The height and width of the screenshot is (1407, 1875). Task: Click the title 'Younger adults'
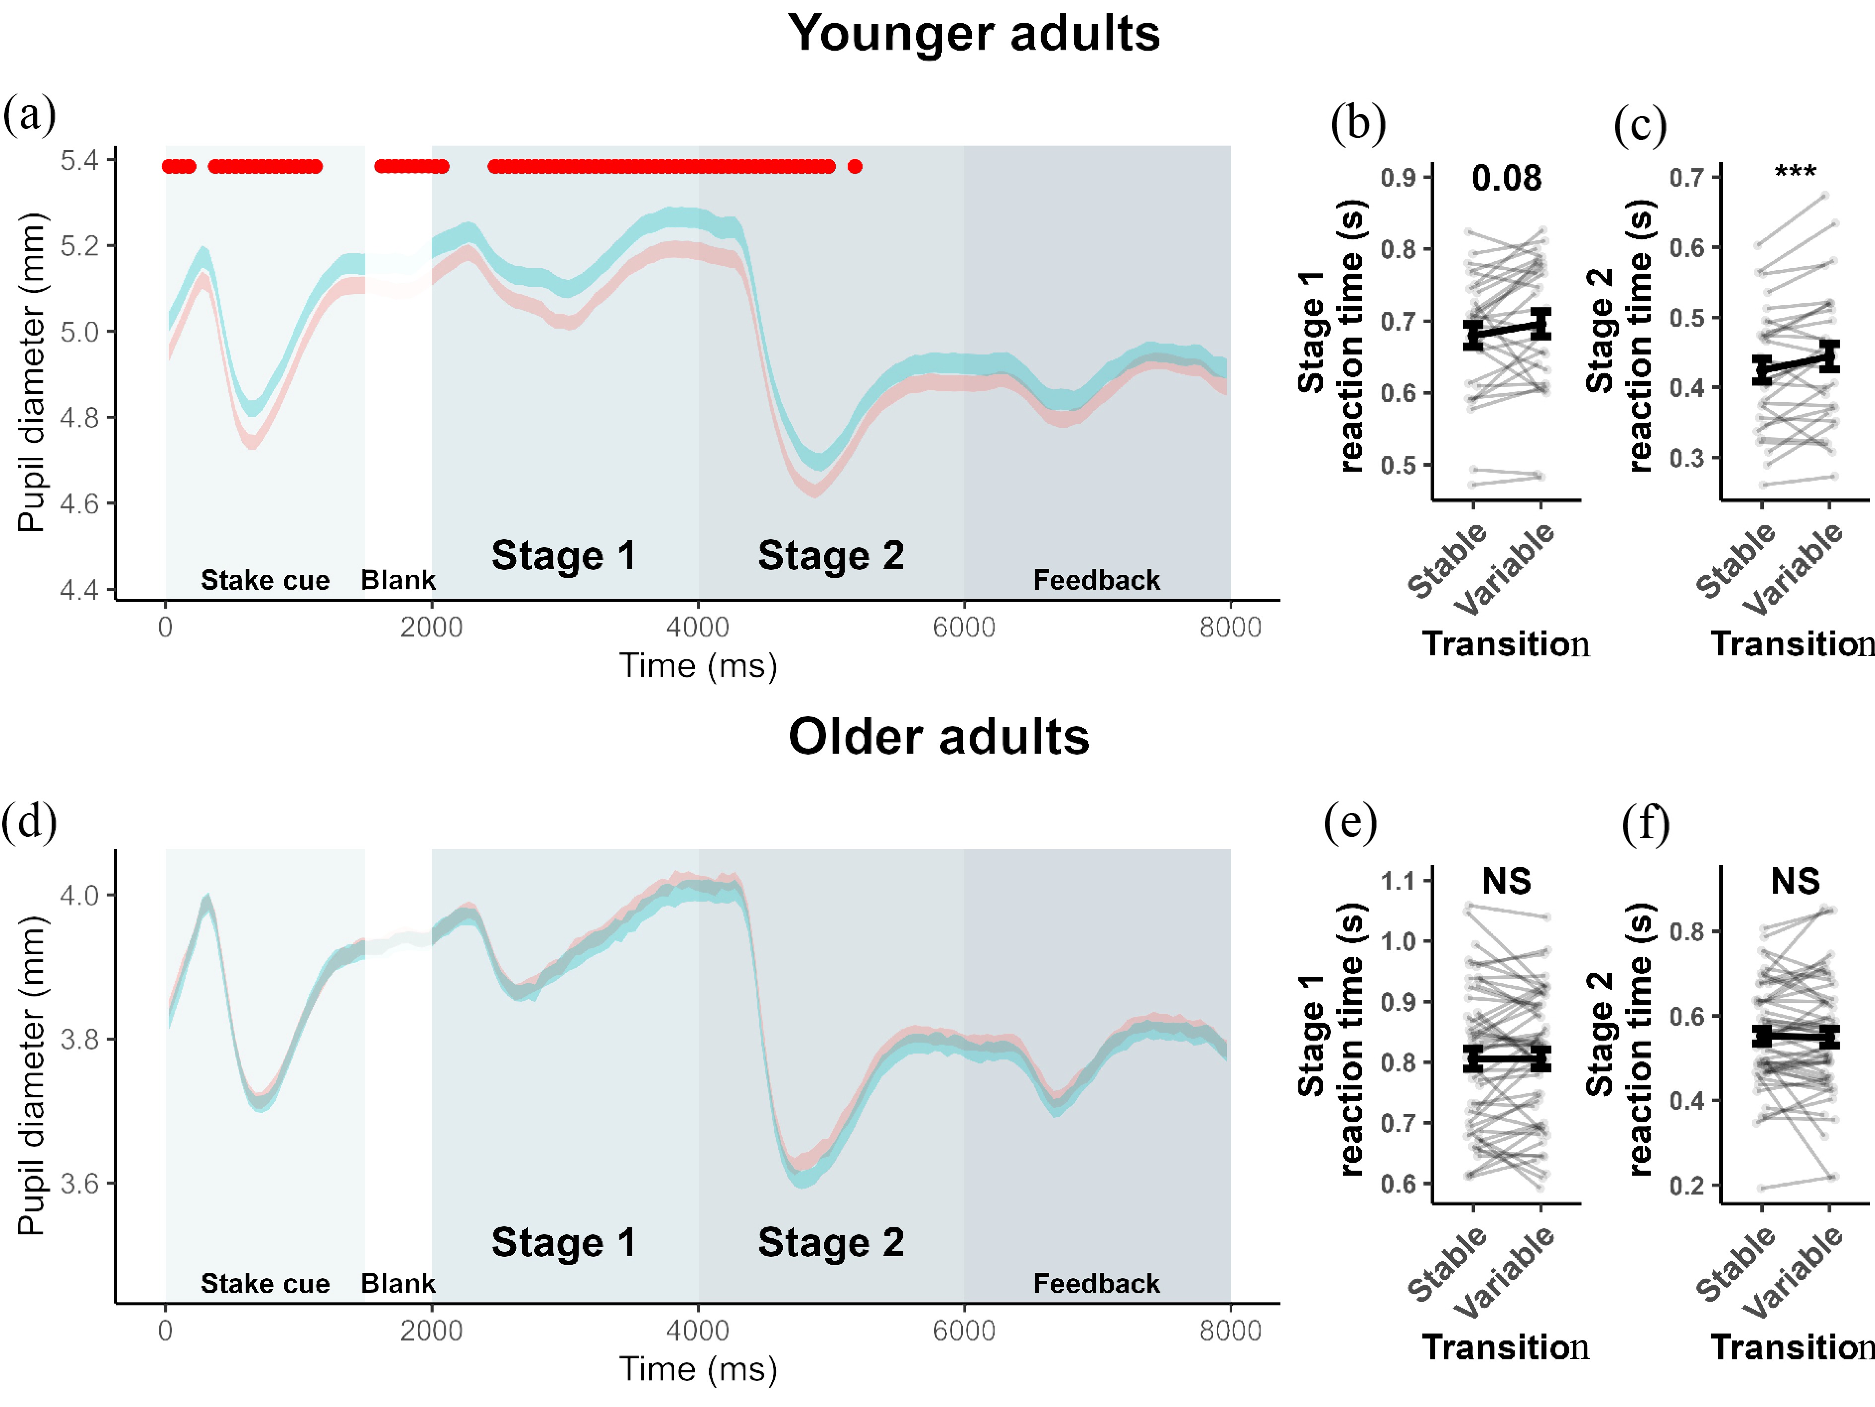click(973, 34)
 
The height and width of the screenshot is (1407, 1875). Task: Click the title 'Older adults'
click(938, 736)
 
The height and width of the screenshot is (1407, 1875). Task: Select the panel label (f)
click(1645, 823)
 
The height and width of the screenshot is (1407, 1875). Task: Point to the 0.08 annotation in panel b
click(1506, 178)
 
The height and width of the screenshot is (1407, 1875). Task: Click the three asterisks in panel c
click(1795, 173)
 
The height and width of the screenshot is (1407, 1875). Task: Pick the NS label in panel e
click(1506, 881)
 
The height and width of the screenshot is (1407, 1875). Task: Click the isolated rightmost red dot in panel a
click(855, 166)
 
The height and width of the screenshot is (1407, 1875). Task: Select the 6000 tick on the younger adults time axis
click(964, 628)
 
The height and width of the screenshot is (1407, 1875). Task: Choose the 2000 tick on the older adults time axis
click(431, 1330)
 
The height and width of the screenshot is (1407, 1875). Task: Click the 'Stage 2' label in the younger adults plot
click(831, 556)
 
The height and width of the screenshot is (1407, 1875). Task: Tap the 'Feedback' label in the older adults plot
click(1096, 1283)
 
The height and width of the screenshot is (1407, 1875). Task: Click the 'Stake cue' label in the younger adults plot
click(265, 580)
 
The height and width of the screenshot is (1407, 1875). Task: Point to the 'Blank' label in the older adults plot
click(398, 1283)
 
